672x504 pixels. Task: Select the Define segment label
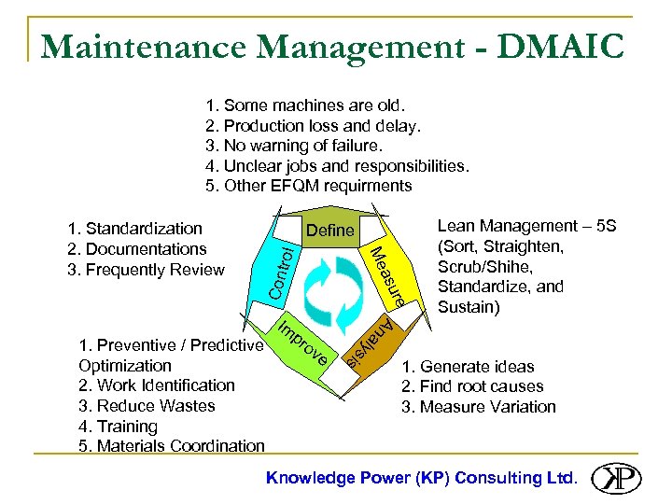(330, 230)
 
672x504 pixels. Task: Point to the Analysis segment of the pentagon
(367, 343)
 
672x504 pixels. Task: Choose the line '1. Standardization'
(134, 229)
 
